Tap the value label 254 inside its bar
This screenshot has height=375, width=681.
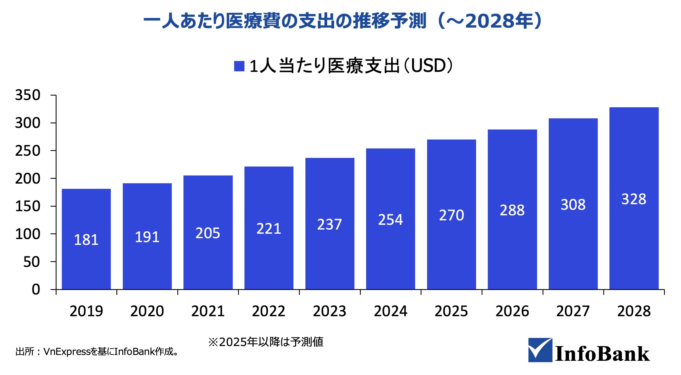[x=390, y=220]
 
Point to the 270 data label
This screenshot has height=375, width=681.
[x=451, y=215]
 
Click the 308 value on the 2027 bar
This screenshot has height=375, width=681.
[x=573, y=205]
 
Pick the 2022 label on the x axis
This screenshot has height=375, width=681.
[x=269, y=311]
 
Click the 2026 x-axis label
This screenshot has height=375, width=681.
[x=512, y=311]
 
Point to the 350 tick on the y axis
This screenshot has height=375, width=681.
[x=28, y=95]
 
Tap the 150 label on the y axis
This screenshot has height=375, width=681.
[x=28, y=206]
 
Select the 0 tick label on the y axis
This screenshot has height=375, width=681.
[x=36, y=289]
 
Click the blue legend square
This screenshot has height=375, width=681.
[x=239, y=66]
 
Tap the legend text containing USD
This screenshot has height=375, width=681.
[x=351, y=66]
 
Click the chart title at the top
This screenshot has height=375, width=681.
[x=342, y=21]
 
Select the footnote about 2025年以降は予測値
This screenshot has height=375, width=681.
[x=266, y=342]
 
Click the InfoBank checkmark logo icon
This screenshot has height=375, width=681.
[x=540, y=350]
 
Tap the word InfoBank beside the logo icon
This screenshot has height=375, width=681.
[x=602, y=354]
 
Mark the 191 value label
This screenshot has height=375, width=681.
[x=147, y=237]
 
